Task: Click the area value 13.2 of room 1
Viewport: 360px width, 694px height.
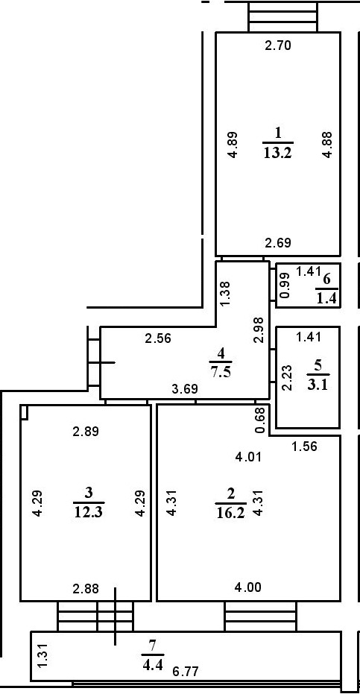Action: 277,154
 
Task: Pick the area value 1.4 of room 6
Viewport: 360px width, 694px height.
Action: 326,299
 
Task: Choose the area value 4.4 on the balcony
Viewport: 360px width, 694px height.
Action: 153,660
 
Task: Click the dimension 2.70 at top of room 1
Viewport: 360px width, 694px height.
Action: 278,45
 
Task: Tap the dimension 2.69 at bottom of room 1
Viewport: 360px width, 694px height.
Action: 278,242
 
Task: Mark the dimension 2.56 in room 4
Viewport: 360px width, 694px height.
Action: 159,338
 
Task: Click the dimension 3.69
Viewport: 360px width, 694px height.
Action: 185,388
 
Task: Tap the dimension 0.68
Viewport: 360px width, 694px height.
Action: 259,419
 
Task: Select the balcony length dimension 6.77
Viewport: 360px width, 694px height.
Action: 187,672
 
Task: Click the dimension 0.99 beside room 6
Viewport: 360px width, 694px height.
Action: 284,286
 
